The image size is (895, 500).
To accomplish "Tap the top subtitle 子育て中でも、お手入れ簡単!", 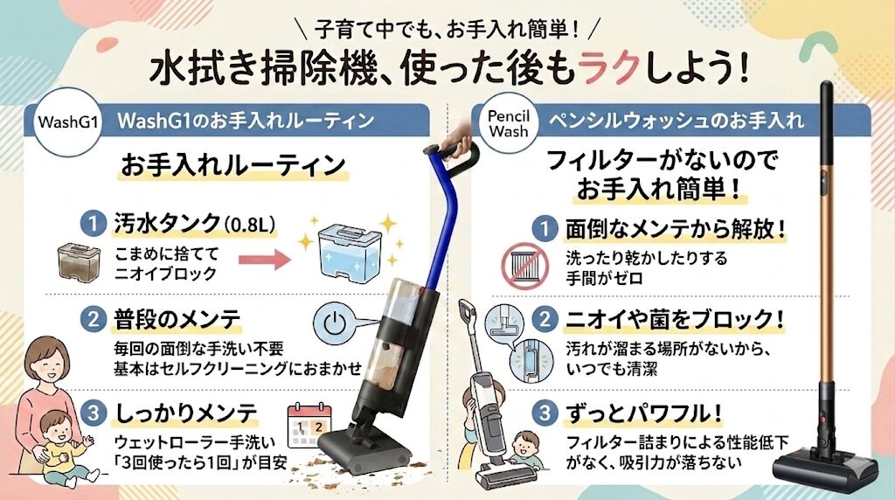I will [447, 29].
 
